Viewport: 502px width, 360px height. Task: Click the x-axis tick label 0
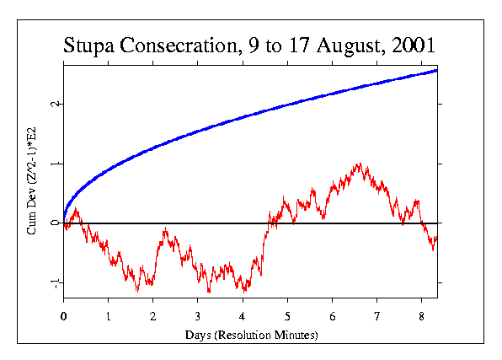click(x=64, y=318)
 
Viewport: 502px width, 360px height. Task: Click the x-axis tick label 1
click(x=109, y=318)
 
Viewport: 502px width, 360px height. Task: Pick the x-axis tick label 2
click(x=153, y=318)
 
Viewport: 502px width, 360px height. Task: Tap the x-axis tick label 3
click(x=198, y=318)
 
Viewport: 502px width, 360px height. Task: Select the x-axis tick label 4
click(x=243, y=318)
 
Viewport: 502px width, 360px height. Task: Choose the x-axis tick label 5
click(x=287, y=318)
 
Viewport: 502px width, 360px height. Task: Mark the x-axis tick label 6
click(x=332, y=318)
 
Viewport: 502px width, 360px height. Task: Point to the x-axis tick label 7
click(x=377, y=318)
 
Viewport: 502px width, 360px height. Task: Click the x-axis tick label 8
click(x=422, y=318)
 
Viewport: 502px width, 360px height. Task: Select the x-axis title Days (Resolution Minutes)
click(x=250, y=336)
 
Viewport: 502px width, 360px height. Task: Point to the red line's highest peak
click(x=360, y=164)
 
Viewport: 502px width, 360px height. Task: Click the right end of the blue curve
click(x=436, y=70)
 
